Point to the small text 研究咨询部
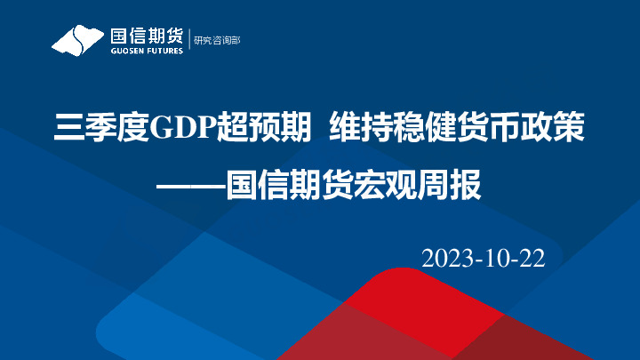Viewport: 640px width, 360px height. [x=216, y=40]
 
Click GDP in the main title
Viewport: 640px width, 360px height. [x=179, y=130]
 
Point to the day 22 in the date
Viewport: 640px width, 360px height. [x=531, y=258]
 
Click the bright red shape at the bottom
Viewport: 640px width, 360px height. [x=418, y=298]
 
